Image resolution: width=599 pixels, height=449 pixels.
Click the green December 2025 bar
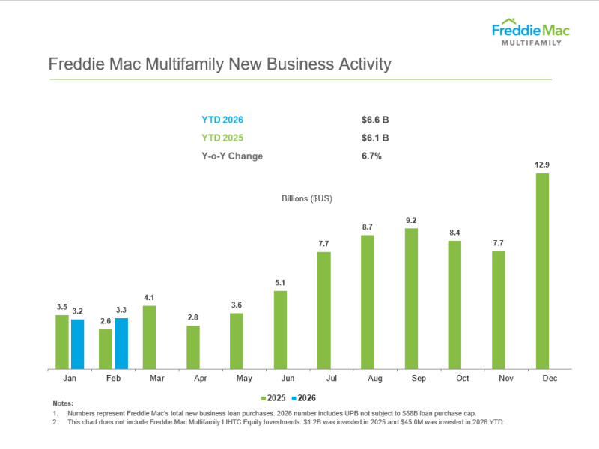point(542,271)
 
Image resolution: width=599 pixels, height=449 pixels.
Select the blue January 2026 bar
point(77,344)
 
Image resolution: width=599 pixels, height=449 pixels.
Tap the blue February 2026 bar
point(121,343)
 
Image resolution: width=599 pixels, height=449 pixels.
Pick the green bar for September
point(411,299)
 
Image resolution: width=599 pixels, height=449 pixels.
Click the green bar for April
point(193,347)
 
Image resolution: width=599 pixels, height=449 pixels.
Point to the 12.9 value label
point(542,165)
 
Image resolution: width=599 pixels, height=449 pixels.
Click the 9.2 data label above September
point(411,220)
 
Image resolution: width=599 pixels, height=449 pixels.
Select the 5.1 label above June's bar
point(280,283)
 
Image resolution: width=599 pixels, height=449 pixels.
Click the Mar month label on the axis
point(156,379)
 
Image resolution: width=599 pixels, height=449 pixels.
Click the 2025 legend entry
point(274,398)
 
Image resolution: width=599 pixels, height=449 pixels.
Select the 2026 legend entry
point(304,398)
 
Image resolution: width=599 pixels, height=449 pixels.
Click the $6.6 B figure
point(375,120)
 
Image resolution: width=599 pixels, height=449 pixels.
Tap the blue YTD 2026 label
point(222,120)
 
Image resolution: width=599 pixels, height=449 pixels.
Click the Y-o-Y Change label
point(232,156)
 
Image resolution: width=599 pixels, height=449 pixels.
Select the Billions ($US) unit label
point(307,198)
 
